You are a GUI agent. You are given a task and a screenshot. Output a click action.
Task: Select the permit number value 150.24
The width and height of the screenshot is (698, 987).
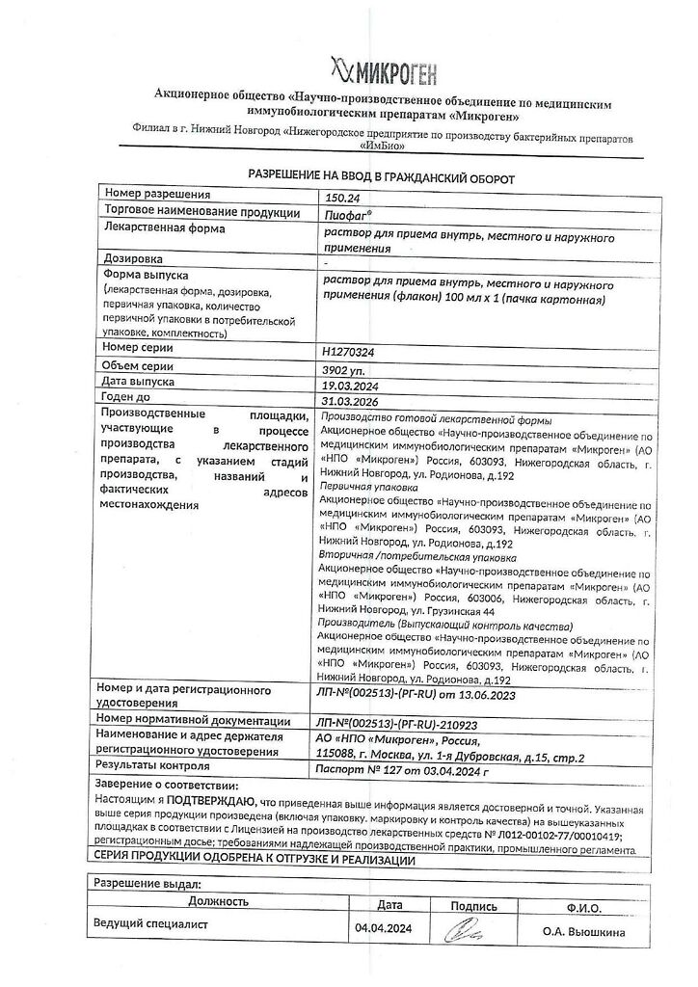pos(344,197)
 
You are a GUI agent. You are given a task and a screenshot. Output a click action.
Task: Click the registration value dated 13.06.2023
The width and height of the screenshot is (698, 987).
pos(430,694)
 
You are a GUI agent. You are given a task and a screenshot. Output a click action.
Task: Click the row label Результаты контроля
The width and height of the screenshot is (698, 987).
pos(152,766)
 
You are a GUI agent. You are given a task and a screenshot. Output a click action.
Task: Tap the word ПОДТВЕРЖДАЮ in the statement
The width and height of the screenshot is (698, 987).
pos(213,800)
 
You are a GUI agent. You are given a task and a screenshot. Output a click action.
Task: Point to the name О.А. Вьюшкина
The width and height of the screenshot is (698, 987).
pos(584,932)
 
